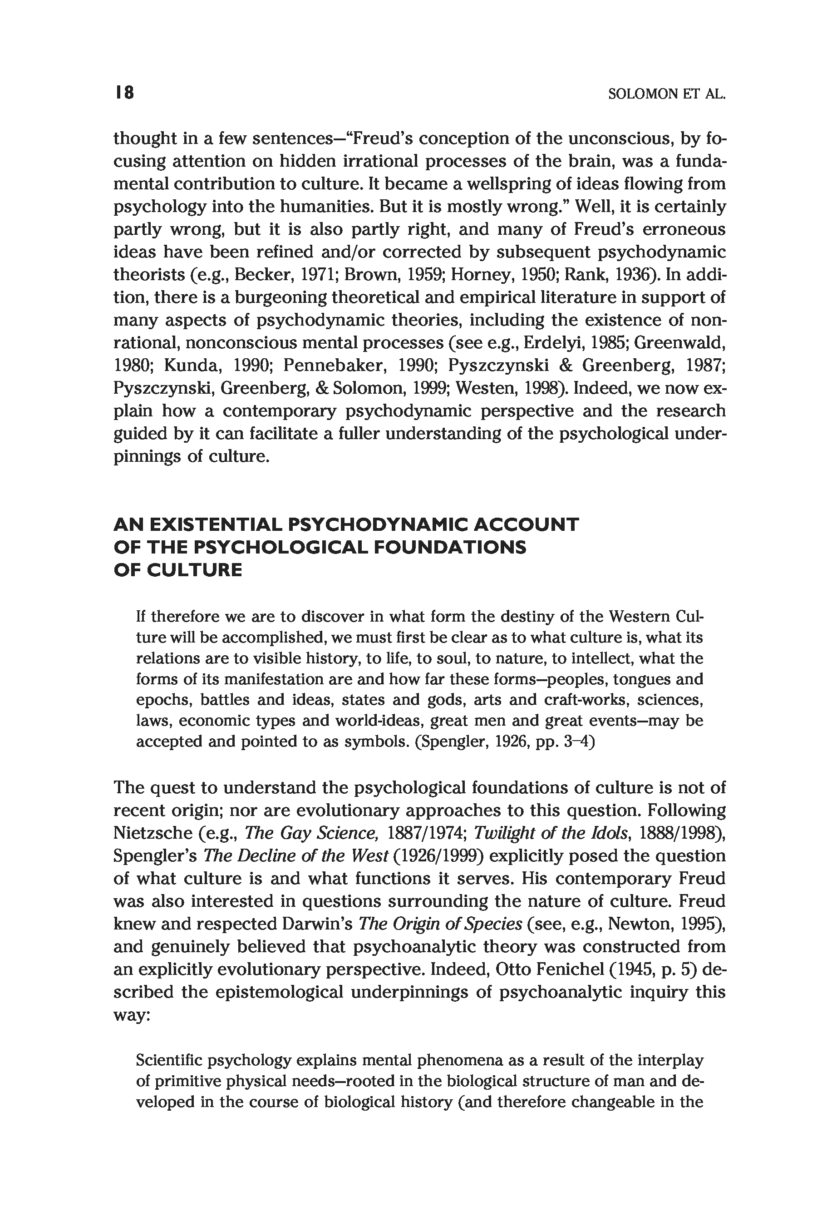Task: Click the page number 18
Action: (124, 93)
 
